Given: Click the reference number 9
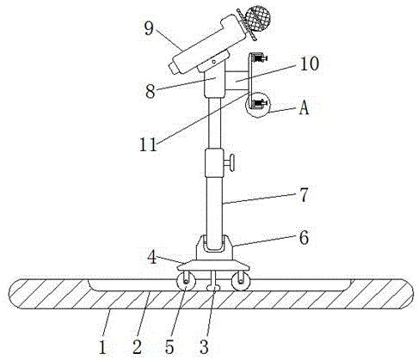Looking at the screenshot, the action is [149, 28].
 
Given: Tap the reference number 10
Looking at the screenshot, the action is [310, 64].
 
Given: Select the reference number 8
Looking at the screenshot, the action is [151, 91].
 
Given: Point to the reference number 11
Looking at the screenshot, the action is [149, 144].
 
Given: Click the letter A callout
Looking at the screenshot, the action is [304, 108].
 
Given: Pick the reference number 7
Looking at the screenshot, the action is [304, 195].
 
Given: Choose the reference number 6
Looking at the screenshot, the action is [304, 238].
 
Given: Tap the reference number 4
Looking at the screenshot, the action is [152, 257].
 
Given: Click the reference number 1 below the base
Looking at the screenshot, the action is [102, 347].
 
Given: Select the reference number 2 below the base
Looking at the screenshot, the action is [137, 347].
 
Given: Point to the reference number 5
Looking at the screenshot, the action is [169, 347].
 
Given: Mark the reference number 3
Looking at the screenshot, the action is [204, 347].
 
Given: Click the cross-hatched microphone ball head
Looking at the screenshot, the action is [258, 18].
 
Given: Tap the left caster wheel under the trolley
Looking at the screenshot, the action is [186, 282].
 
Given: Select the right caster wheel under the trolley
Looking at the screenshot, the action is [241, 282].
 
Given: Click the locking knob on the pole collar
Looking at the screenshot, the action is [230, 163].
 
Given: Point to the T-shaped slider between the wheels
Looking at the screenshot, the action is [213, 281].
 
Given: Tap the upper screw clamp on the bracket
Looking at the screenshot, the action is [259, 58].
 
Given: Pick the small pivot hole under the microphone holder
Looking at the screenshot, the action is [213, 61].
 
